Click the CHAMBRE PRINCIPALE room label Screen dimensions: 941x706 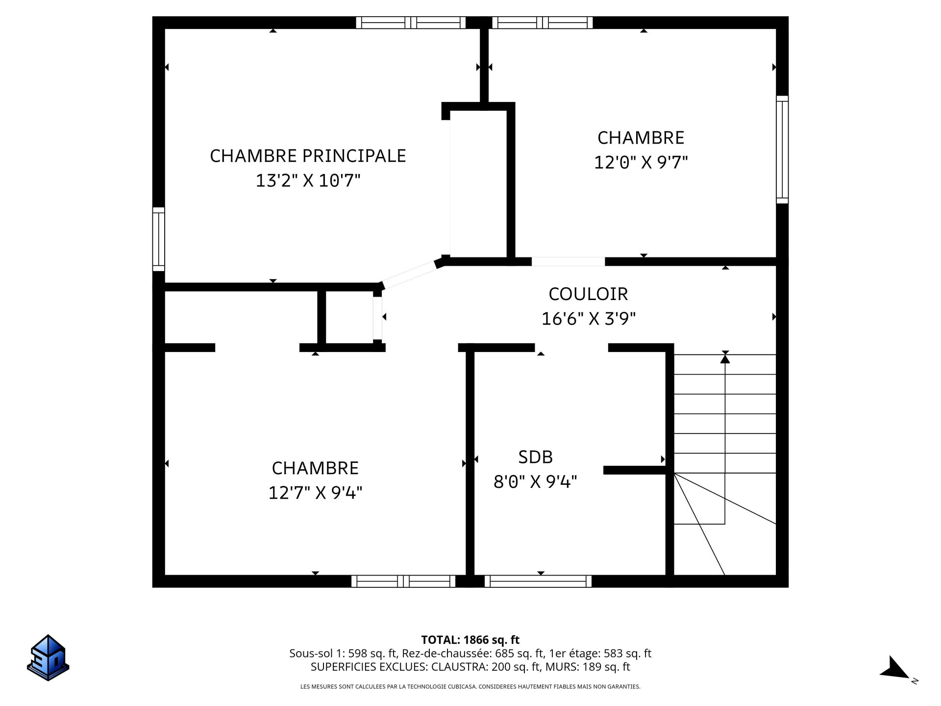[308, 156]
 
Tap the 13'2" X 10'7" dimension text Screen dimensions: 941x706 [308, 181]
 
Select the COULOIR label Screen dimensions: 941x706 [588, 294]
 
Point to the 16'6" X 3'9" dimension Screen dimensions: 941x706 [588, 319]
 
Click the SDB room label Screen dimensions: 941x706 [535, 457]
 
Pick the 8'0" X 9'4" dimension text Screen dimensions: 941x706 [535, 482]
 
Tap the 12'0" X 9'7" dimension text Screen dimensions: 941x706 [641, 162]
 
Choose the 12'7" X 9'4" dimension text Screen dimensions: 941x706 [315, 493]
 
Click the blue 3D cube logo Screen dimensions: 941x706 [48, 657]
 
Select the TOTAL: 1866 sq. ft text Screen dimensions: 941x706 [470, 640]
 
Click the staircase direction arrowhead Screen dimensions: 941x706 [725, 358]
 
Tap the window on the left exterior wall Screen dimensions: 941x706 [158, 239]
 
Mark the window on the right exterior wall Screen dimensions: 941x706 [782, 150]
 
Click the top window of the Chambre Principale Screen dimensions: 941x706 [411, 23]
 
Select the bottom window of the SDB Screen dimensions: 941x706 [538, 581]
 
